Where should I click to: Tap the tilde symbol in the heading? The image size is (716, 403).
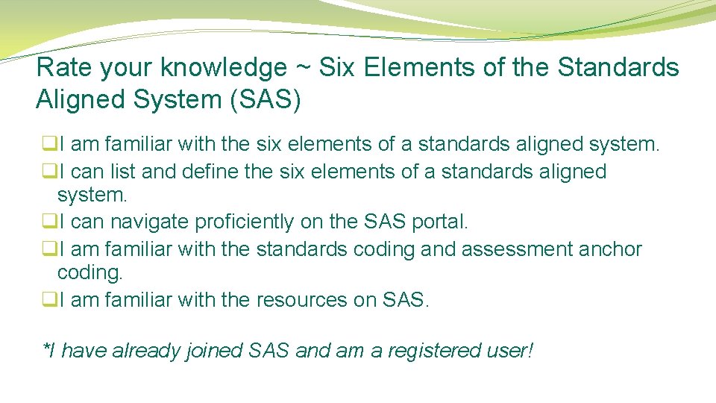[301, 68]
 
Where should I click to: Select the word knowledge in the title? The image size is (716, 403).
[224, 69]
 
